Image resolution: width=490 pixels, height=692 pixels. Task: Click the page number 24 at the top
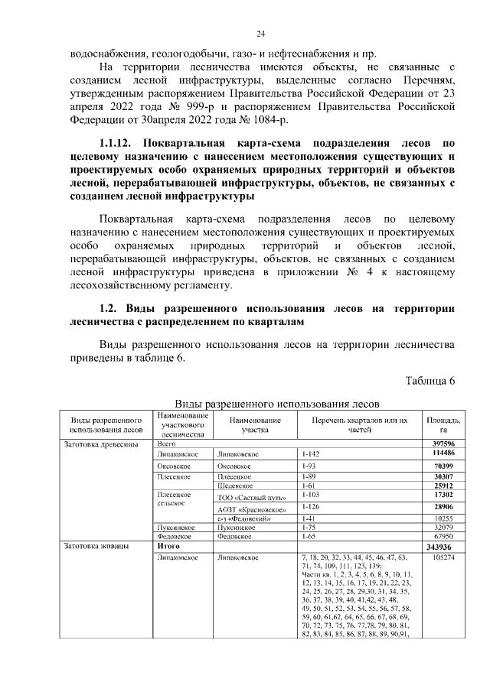(260, 34)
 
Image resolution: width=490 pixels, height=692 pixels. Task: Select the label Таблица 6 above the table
(430, 382)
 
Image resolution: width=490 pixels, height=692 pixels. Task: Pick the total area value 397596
(443, 443)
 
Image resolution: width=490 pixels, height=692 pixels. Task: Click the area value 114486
(443, 453)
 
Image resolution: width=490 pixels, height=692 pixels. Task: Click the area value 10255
(443, 519)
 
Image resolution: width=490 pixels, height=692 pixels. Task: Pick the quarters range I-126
(313, 506)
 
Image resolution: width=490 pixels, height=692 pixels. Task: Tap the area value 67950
(443, 537)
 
